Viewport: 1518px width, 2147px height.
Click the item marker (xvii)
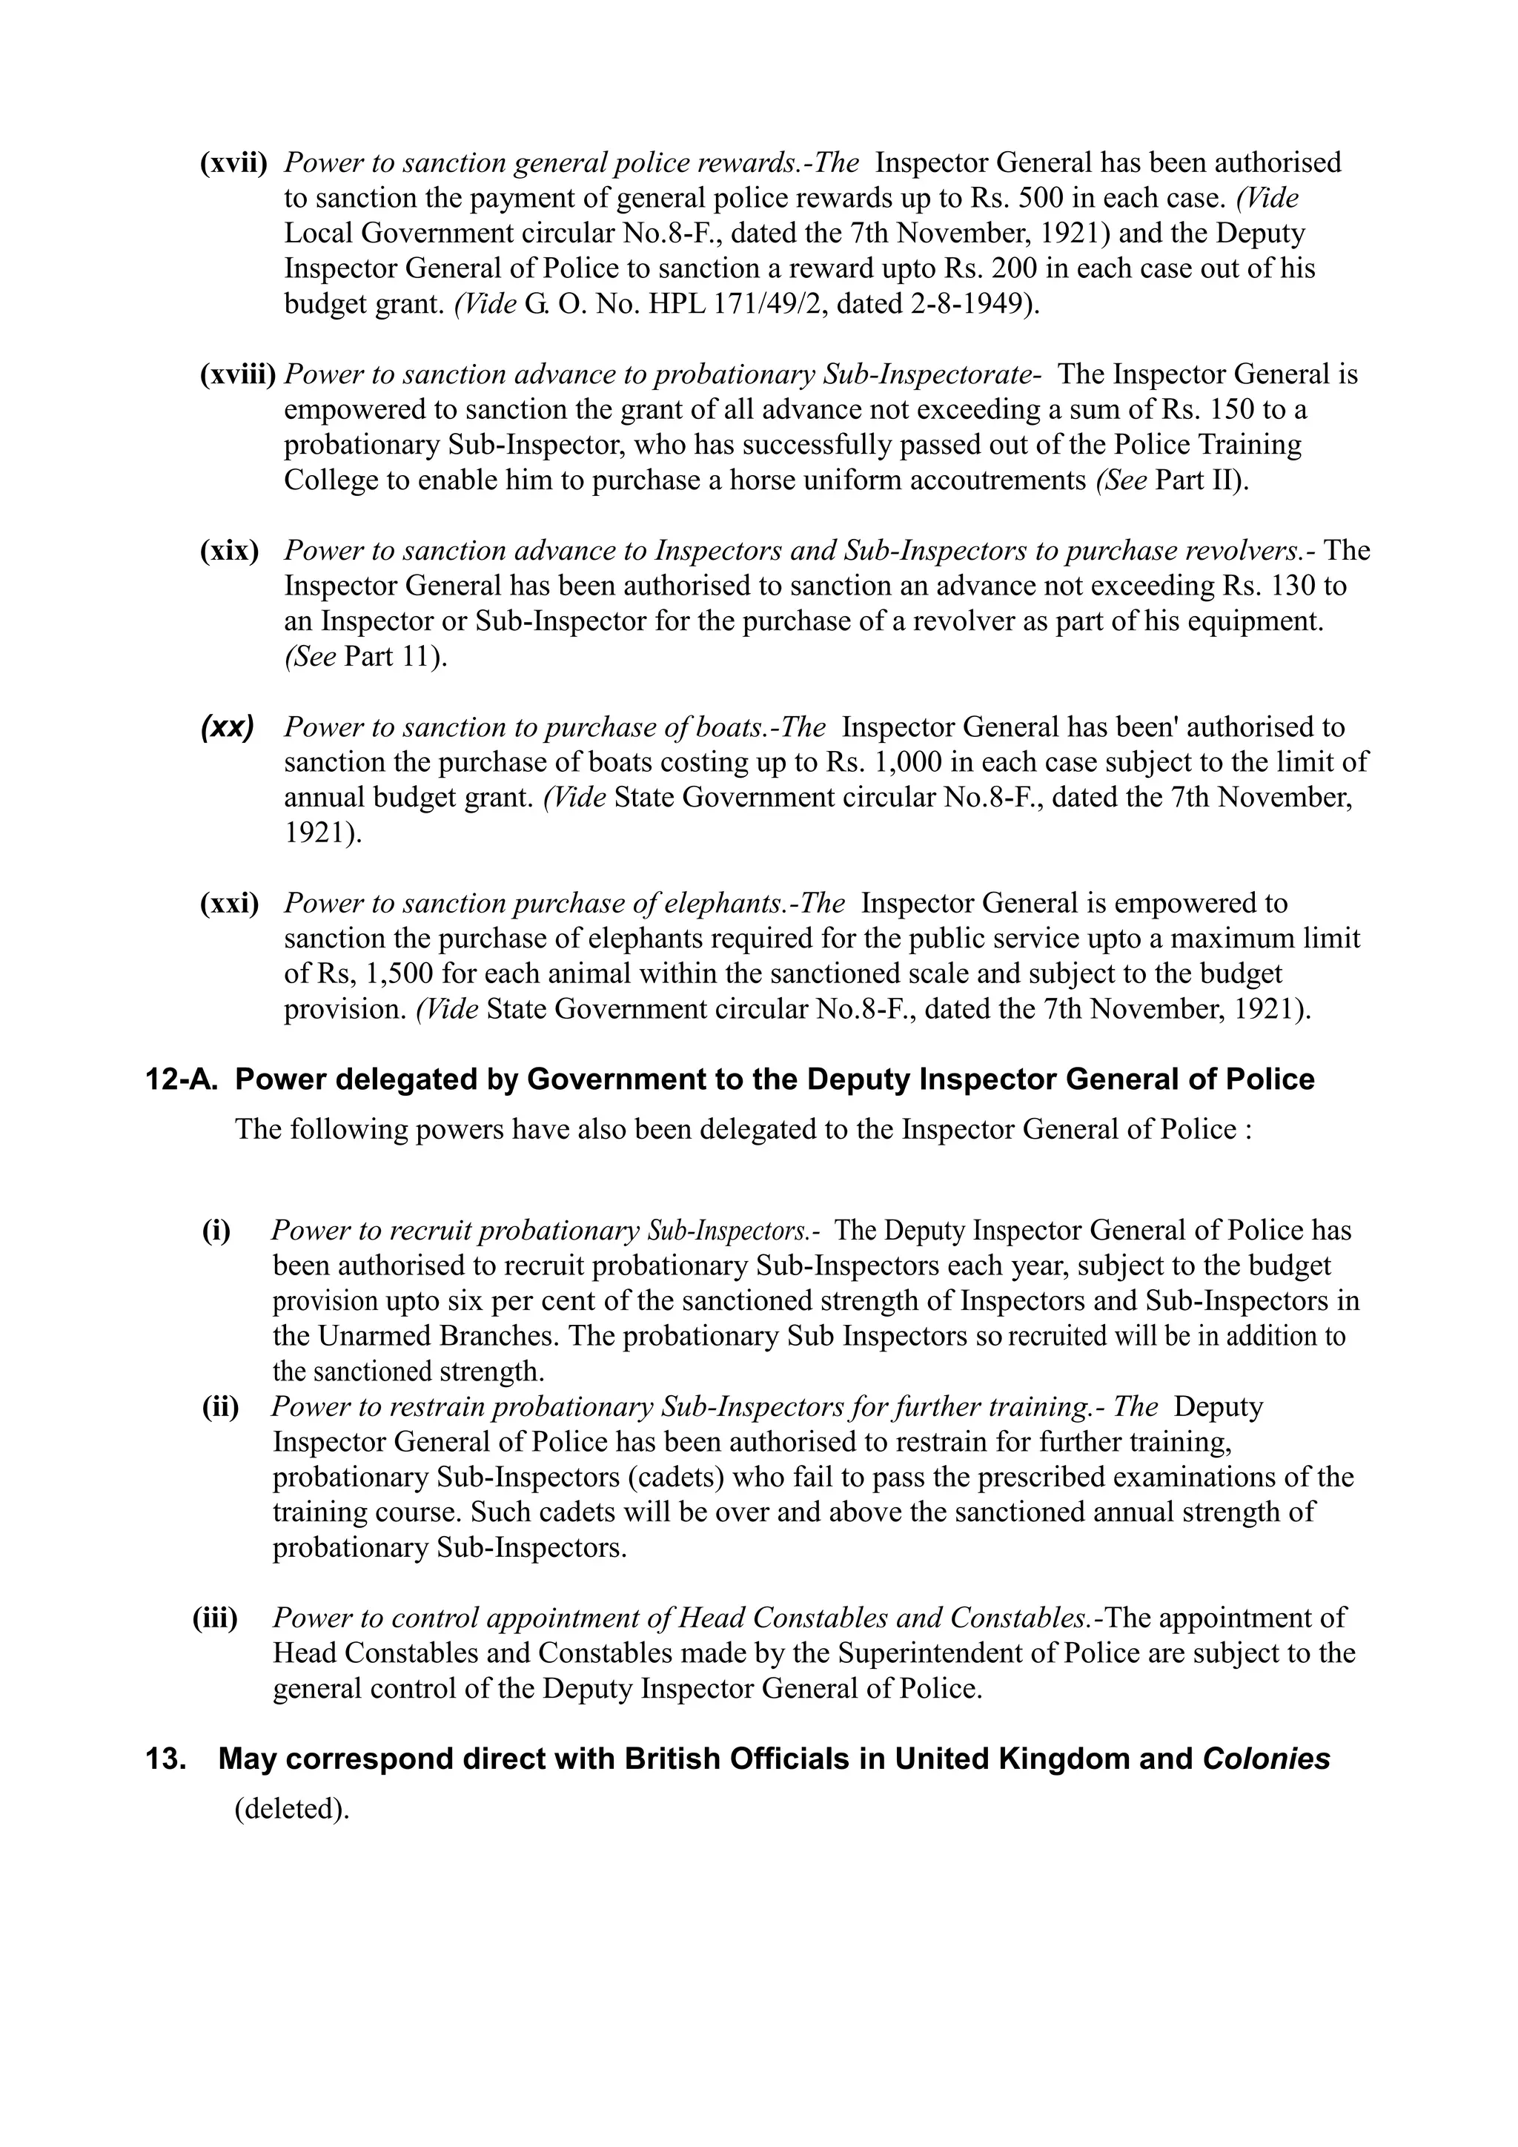pos(233,162)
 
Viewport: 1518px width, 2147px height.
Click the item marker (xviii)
pos(239,374)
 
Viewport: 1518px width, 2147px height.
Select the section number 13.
pos(165,1759)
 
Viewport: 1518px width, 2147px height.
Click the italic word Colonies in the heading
pos(1266,1759)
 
